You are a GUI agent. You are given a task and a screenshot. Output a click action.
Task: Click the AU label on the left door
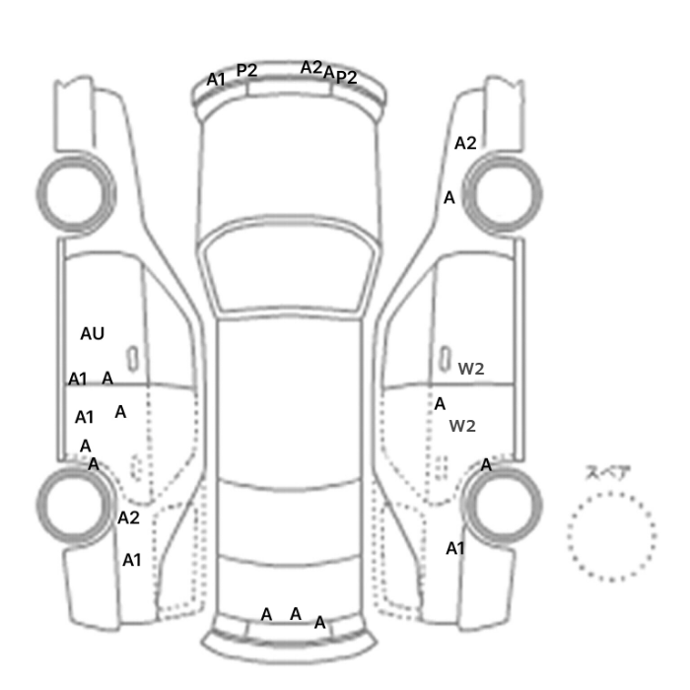coord(93,334)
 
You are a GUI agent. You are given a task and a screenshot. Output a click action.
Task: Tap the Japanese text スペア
coord(602,472)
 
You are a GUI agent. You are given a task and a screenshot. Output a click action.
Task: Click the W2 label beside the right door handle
coord(471,369)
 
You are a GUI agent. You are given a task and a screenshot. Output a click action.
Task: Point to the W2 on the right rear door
coord(462,426)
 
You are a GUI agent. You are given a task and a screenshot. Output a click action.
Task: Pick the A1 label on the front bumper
coord(216,80)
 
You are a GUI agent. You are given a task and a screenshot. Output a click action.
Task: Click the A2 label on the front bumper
coord(311,68)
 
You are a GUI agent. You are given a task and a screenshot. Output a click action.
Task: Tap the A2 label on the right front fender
coord(465,144)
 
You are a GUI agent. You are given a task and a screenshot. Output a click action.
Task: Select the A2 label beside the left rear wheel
coord(128,517)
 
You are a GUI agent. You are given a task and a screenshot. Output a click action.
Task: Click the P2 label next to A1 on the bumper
coord(246,70)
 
